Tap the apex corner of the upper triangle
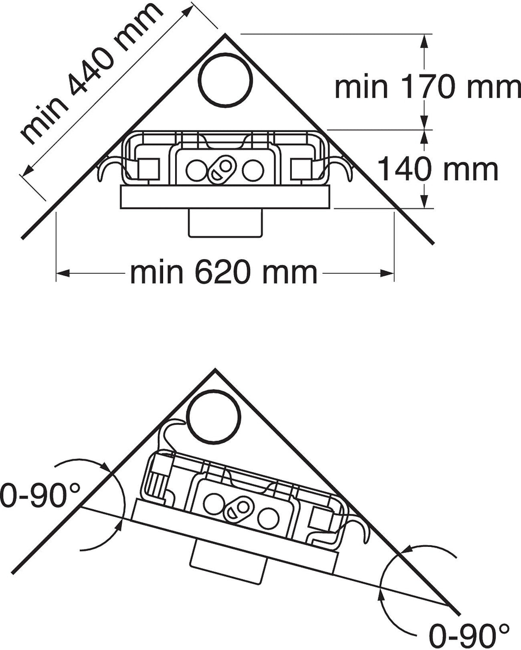coord(225,35)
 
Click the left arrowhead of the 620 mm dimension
coord(63,273)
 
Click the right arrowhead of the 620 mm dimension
coord(388,273)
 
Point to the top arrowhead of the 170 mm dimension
coord(424,41)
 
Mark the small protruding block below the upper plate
coord(225,223)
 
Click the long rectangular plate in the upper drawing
coord(225,197)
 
